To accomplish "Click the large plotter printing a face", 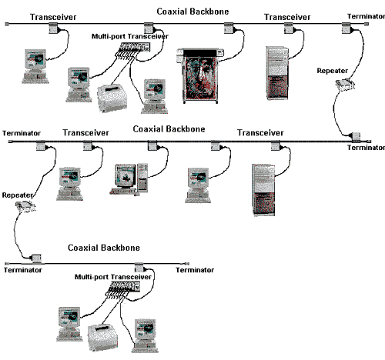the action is (x=200, y=75).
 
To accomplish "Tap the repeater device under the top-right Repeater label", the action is (x=345, y=85).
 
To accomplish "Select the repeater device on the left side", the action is (x=25, y=207).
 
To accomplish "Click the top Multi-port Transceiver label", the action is (x=130, y=36).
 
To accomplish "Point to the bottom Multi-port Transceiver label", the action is (x=113, y=277).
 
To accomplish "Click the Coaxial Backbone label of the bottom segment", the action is (x=104, y=248).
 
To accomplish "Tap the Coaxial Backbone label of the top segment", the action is (x=192, y=12).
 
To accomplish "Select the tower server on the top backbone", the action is (x=277, y=73).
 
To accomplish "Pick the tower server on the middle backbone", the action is (x=264, y=190).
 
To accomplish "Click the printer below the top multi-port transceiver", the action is (x=112, y=98).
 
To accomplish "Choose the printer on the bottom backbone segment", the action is (x=103, y=338).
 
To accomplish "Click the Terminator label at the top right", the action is (x=366, y=16).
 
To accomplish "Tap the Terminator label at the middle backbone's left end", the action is (x=22, y=133).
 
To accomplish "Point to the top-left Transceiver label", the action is (x=53, y=17).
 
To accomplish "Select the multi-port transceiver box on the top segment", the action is (x=135, y=48).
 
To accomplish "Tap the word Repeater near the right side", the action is (x=333, y=71).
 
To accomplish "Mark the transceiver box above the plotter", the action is (x=229, y=28).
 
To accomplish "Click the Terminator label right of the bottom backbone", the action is (x=195, y=270).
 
